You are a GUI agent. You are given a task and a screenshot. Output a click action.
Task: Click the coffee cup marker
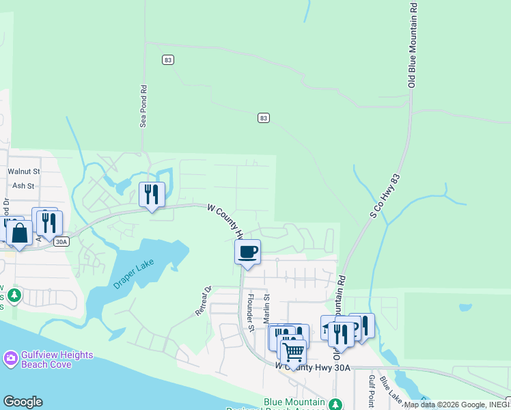coord(247,251)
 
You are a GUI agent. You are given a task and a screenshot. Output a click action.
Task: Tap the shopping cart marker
coord(293,353)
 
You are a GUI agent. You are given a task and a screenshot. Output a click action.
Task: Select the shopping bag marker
coord(20,233)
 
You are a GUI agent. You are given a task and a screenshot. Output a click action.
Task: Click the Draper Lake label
coord(135,273)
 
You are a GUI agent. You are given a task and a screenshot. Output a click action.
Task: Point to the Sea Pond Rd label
coord(143,107)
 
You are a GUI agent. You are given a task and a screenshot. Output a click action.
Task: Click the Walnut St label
coord(24,172)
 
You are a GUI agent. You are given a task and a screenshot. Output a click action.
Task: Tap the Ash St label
coord(23,185)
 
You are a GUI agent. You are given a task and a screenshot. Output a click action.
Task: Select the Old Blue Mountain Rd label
coord(412,44)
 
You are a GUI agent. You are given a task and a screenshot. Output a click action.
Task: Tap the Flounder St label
coord(251,312)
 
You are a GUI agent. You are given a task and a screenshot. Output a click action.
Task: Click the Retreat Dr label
coord(204,301)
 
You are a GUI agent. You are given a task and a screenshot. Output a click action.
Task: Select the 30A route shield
coord(61,242)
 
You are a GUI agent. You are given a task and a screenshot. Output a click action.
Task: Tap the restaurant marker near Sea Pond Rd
coord(152,195)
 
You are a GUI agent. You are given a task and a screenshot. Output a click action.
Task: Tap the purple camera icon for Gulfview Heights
coord(10,358)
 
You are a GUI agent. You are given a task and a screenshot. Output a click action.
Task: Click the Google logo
coord(23,402)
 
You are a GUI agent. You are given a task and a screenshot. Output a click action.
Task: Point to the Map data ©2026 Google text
coord(444,405)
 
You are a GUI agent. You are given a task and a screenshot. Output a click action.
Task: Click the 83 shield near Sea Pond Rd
coord(168,60)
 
